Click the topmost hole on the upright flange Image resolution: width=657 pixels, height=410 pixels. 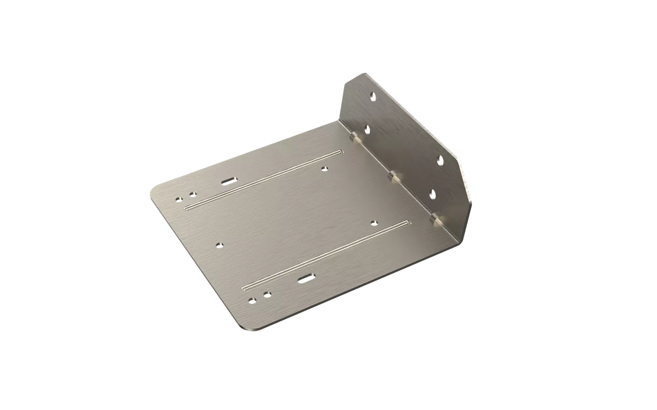click(373, 95)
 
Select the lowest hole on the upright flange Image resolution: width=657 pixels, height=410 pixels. click(432, 194)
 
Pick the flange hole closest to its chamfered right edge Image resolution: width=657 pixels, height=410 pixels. click(440, 160)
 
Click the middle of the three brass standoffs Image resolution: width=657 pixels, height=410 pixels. click(395, 177)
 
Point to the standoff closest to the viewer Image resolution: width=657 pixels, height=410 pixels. click(437, 219)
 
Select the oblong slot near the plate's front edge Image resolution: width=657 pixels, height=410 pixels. click(305, 278)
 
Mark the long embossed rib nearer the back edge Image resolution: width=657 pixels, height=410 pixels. click(262, 180)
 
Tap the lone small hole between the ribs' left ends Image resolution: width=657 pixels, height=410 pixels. click(219, 245)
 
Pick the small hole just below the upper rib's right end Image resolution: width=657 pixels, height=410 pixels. click(324, 168)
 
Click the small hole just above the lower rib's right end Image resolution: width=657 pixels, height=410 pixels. click(373, 222)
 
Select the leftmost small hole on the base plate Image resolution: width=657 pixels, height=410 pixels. click(178, 199)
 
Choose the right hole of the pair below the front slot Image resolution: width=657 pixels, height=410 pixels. click(267, 294)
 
